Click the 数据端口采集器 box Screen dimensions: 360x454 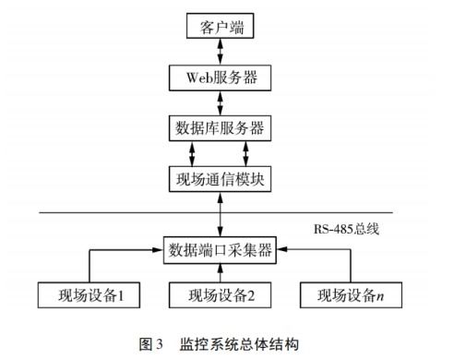tap(220, 249)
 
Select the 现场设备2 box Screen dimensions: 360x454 tap(220, 295)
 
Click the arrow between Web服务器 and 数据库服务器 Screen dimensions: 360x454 tap(220, 102)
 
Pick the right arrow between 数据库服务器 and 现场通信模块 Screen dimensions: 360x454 tap(246, 152)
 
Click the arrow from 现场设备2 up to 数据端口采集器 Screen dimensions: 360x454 tap(220, 272)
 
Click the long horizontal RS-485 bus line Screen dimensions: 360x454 tap(111, 213)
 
